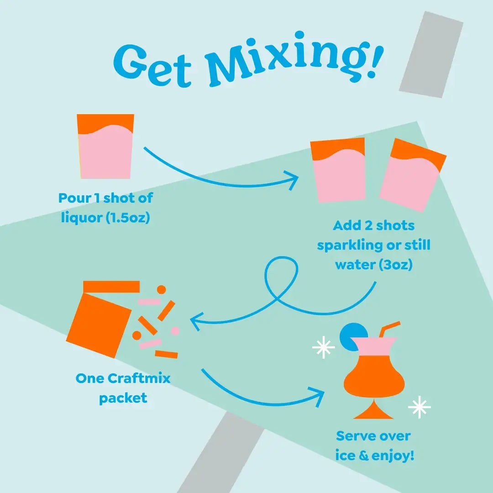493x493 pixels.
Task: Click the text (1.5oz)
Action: point(128,218)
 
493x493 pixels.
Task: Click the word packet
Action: point(123,398)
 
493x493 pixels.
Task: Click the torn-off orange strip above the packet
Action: point(111,286)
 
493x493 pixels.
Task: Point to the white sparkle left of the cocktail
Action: point(323,348)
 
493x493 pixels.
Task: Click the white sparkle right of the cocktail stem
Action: point(419,407)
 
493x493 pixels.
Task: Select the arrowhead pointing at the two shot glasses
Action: point(292,179)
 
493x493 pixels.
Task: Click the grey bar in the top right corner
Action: point(431,55)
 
